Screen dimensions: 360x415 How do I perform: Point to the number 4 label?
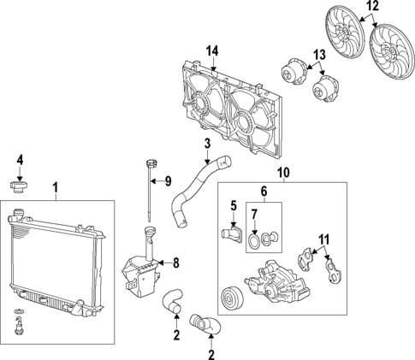pyautogui.click(x=20, y=159)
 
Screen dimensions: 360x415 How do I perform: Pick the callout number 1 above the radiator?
pyautogui.click(x=56, y=187)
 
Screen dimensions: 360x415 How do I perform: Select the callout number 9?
pyautogui.click(x=168, y=180)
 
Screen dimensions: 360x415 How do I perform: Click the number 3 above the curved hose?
pyautogui.click(x=206, y=143)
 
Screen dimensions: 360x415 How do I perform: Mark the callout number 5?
pyautogui.click(x=232, y=205)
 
